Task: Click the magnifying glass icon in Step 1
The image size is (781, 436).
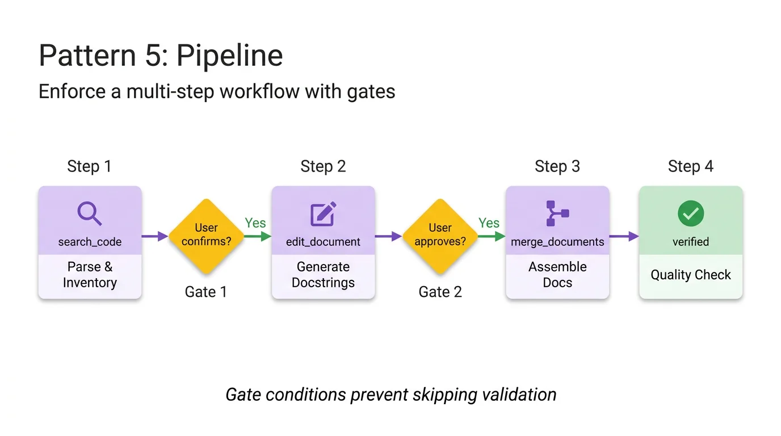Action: tap(90, 214)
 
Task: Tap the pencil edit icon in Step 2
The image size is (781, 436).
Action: tap(323, 214)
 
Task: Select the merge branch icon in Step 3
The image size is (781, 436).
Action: tap(557, 214)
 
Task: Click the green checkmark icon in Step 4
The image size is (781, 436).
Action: tap(691, 214)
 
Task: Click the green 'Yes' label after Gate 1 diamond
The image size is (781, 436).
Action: tap(255, 223)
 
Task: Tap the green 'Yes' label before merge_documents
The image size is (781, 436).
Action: tap(489, 223)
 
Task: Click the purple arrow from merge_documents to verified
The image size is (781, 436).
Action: tap(623, 236)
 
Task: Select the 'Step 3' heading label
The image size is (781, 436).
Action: tap(557, 166)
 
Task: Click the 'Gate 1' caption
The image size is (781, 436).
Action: tap(206, 292)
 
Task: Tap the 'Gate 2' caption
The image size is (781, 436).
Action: tap(440, 292)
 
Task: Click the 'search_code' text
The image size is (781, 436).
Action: tap(90, 242)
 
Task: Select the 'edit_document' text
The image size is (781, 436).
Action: tap(323, 242)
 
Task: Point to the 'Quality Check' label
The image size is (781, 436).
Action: tap(691, 275)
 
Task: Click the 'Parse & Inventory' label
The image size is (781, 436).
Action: tap(90, 275)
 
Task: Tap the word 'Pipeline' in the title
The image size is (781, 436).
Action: tap(229, 56)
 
